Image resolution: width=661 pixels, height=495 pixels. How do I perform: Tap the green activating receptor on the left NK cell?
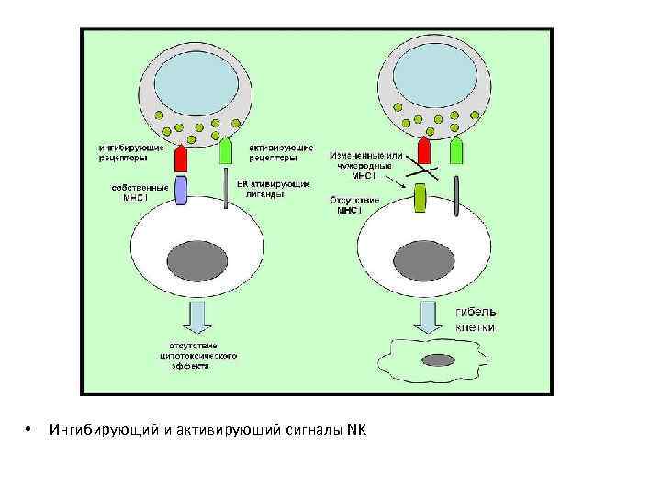226,150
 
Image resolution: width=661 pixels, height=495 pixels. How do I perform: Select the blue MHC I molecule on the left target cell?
181,190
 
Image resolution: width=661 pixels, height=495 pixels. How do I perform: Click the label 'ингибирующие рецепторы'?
132,151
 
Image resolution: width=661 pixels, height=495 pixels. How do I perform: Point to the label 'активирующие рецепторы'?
281,151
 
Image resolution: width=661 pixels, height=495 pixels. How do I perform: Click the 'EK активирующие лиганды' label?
273,190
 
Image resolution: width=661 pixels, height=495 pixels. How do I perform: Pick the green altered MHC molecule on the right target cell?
420,198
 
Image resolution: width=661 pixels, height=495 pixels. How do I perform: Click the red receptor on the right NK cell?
425,151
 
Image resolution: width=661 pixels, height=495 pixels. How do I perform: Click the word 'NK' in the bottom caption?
356,430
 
